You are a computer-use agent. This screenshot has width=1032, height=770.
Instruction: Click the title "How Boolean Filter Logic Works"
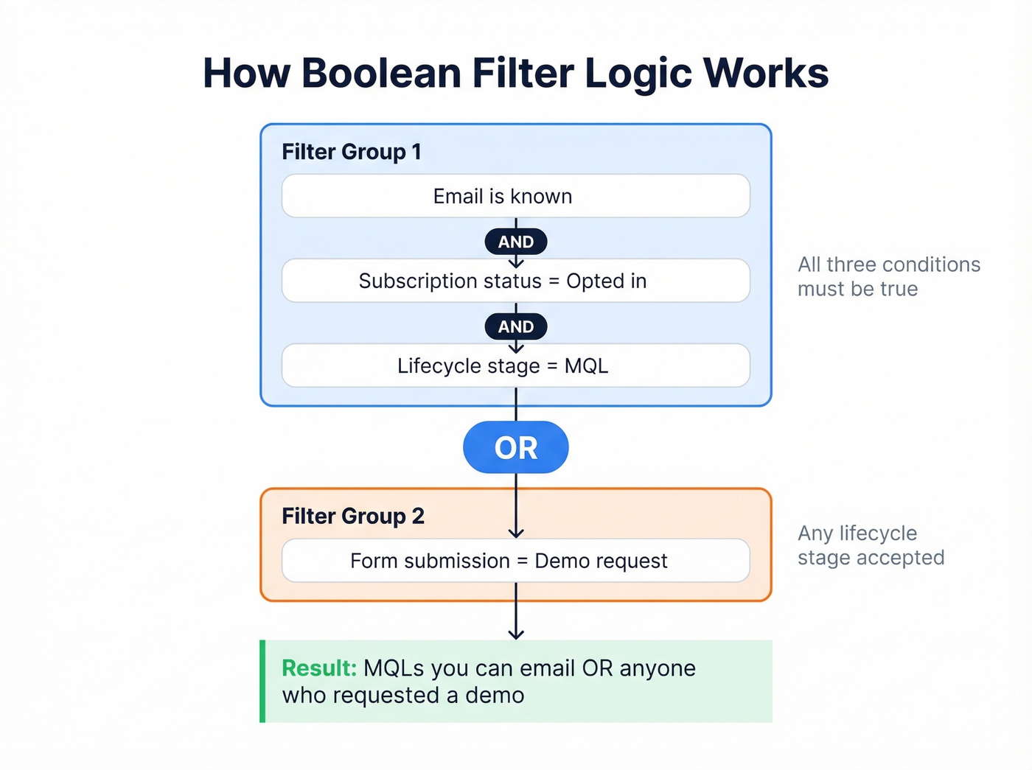pos(515,73)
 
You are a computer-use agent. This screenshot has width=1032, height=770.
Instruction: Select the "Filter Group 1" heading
pos(352,152)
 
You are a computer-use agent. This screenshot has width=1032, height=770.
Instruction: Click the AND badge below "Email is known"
pos(515,242)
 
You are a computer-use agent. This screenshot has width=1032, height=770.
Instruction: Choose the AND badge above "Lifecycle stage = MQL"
pos(515,326)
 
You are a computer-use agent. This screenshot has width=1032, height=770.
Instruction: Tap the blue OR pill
pos(515,447)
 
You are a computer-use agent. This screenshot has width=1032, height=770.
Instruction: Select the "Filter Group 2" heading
pos(353,516)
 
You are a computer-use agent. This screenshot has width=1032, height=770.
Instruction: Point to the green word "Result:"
pos(319,668)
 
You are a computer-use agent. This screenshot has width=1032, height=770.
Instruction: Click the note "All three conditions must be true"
pos(888,276)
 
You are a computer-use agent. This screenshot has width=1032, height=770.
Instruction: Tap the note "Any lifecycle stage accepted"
pos(870,545)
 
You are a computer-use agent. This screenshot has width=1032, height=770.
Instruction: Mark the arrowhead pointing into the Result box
pos(516,634)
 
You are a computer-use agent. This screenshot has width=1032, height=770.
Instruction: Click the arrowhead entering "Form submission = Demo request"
pos(516,533)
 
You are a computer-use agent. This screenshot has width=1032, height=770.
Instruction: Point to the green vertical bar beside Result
pos(262,681)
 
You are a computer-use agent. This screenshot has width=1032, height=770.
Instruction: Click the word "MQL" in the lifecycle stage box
pos(586,366)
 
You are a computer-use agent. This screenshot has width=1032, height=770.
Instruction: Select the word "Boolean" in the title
pos(381,73)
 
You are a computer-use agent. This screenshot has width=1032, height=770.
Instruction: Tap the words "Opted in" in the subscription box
pos(606,281)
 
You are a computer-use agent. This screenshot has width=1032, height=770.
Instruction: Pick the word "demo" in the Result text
pos(495,696)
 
